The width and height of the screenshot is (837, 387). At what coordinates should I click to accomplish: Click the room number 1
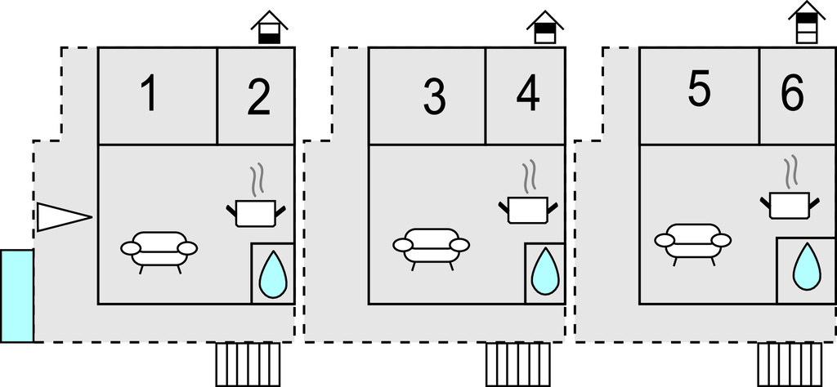click(x=148, y=95)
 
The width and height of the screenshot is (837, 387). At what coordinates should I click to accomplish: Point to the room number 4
click(x=528, y=95)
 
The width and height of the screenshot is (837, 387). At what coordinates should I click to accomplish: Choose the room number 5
click(x=699, y=91)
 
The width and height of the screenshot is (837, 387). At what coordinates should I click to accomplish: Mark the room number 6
click(x=791, y=95)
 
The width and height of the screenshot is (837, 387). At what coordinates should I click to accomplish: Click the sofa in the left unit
click(x=159, y=248)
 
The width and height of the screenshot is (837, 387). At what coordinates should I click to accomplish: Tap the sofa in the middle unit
click(x=431, y=245)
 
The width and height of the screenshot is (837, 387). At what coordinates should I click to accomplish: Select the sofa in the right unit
click(x=693, y=239)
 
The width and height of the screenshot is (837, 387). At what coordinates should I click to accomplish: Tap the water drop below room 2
click(x=273, y=274)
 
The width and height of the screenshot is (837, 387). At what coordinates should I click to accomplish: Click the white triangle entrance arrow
click(x=60, y=216)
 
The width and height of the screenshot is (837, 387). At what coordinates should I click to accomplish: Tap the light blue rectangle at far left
click(x=17, y=296)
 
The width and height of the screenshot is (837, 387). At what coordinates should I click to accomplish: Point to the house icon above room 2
click(x=269, y=28)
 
